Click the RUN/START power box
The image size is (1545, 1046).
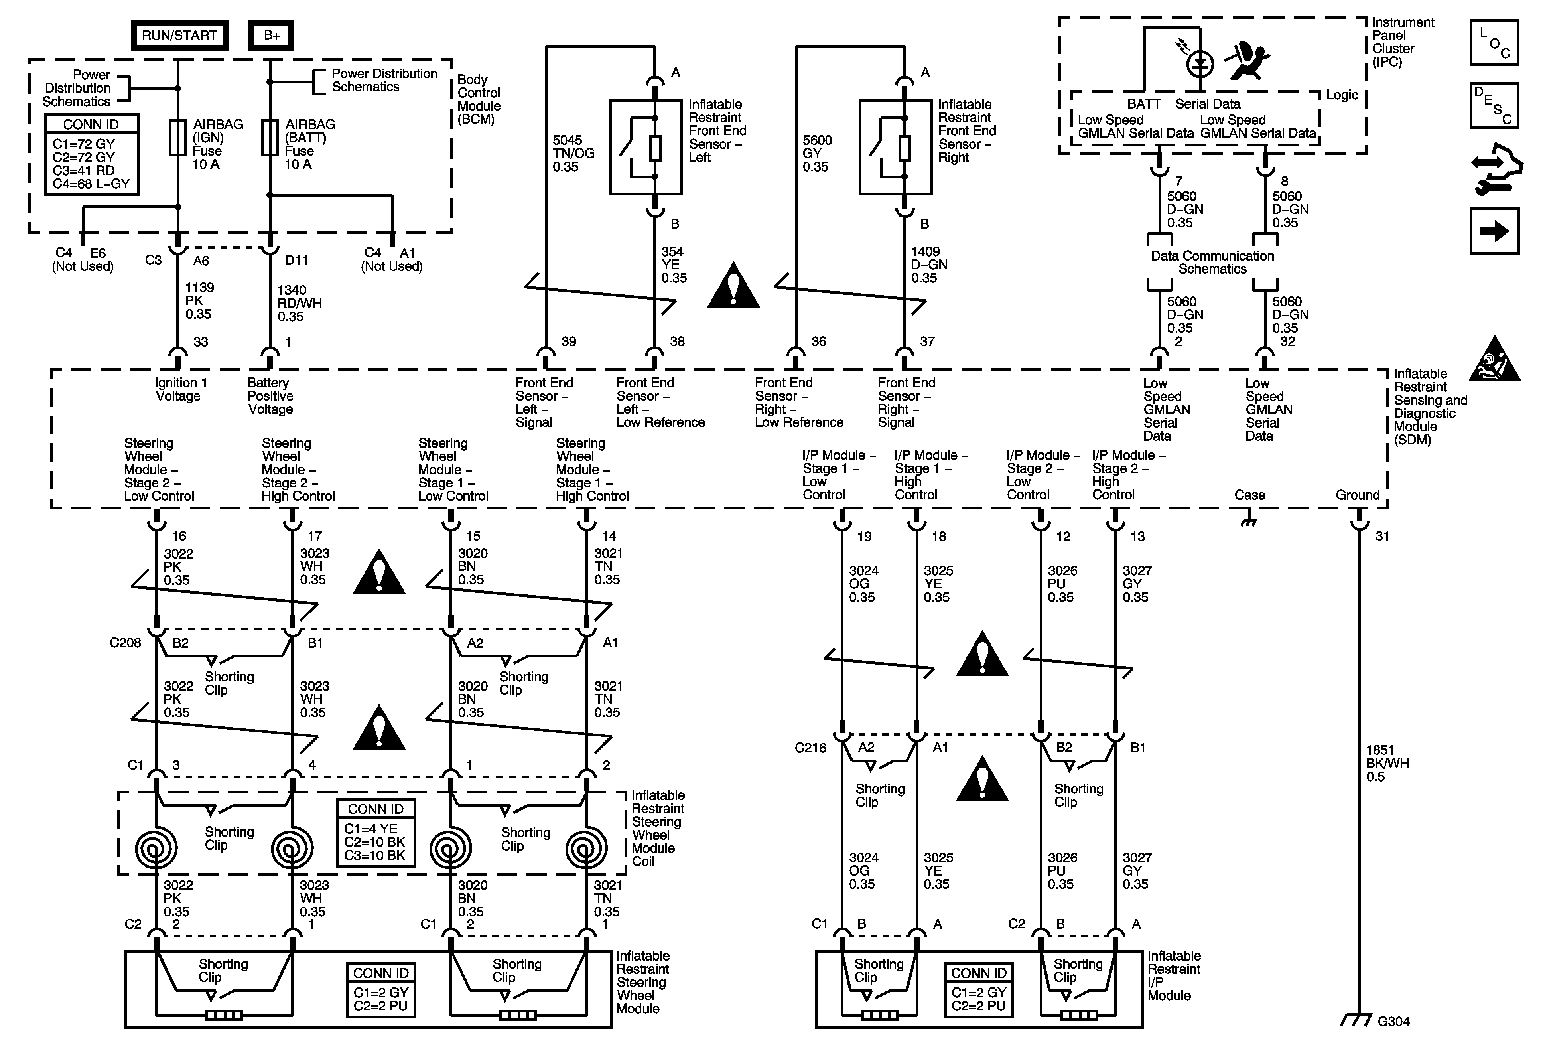coord(179,35)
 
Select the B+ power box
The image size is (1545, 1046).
coord(270,35)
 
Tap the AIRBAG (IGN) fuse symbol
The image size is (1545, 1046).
coord(177,138)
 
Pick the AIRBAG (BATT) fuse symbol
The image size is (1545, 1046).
coord(269,138)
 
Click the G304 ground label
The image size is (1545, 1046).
coord(1393,1021)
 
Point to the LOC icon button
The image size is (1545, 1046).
coord(1494,43)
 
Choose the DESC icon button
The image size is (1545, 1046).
coord(1494,105)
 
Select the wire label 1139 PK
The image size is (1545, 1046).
coord(199,300)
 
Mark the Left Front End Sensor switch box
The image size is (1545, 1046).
coord(646,147)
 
